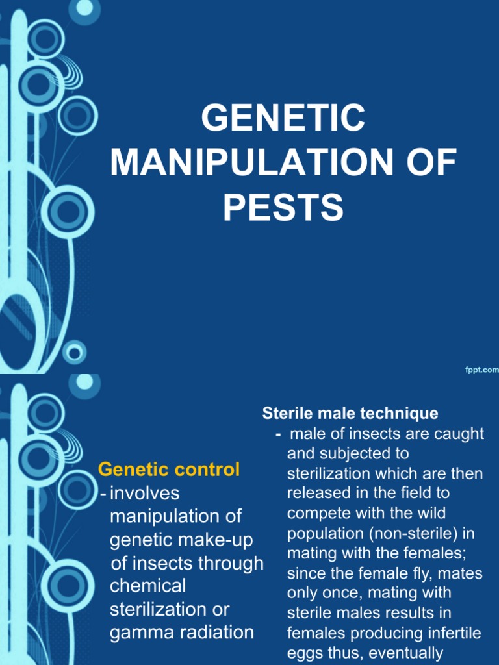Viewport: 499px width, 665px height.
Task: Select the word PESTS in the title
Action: [x=283, y=207]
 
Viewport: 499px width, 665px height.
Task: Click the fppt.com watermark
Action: [x=481, y=370]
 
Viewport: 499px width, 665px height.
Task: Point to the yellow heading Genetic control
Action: [x=169, y=469]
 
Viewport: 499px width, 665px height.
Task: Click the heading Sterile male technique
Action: [x=350, y=413]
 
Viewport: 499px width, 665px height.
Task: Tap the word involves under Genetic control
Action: [x=144, y=493]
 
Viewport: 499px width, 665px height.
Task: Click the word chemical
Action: [x=147, y=586]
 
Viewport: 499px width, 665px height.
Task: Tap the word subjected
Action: [x=358, y=453]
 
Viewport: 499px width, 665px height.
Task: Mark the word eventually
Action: [x=407, y=653]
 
